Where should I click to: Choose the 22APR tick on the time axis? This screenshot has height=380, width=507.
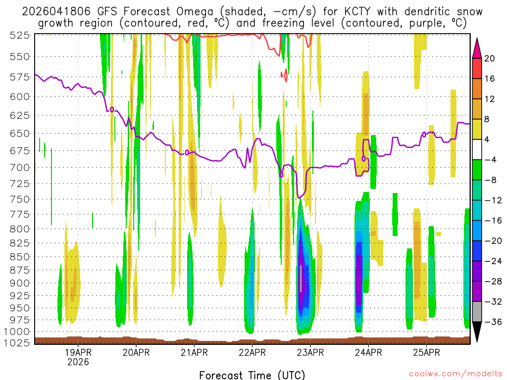click(x=253, y=353)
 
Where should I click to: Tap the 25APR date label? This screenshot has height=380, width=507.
click(x=426, y=353)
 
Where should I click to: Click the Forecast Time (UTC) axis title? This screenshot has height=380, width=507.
click(x=252, y=375)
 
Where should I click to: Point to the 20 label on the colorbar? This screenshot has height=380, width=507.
click(x=490, y=58)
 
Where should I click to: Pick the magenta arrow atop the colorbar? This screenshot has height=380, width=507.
click(x=477, y=48)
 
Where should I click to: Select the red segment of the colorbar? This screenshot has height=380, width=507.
click(x=477, y=69)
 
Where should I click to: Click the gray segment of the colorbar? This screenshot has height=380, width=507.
click(x=477, y=312)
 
